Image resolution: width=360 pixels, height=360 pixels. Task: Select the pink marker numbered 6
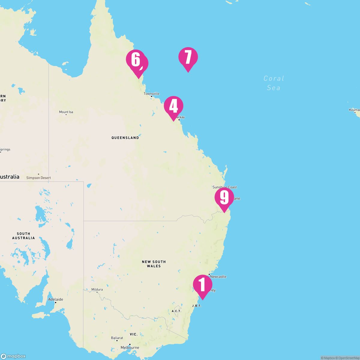(135, 59)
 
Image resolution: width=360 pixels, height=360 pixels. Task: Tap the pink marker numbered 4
(173, 106)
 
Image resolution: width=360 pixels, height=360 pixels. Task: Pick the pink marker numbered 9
(224, 198)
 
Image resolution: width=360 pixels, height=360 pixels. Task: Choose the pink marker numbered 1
(202, 285)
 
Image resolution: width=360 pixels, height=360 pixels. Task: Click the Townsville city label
(151, 94)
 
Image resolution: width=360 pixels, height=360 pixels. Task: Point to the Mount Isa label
(66, 112)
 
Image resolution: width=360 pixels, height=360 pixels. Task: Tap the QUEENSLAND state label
(125, 138)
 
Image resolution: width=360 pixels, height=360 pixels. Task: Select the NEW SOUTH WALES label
(154, 264)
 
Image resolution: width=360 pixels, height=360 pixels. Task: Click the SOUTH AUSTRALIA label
(23, 236)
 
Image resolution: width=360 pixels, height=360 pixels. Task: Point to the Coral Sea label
(274, 83)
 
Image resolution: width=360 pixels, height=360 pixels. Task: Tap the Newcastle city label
(218, 277)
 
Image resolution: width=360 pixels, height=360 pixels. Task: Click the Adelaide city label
(55, 299)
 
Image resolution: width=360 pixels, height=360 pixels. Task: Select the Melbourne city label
(130, 347)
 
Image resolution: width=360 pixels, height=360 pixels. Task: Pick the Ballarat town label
(117, 338)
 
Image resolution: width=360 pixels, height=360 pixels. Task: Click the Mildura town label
(97, 289)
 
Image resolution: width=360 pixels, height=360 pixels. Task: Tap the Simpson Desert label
(38, 178)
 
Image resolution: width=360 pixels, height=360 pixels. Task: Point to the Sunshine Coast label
(224, 187)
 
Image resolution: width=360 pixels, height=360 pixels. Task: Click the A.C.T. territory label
(176, 311)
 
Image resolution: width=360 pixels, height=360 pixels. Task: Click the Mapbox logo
(13, 356)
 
